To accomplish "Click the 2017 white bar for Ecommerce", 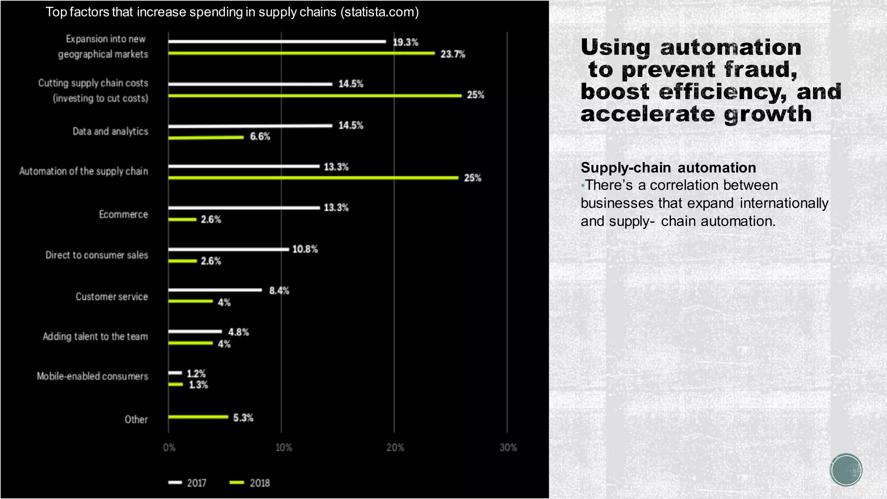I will [x=244, y=208].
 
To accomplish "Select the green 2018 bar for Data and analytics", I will [x=206, y=138].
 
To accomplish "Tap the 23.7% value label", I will [x=453, y=54].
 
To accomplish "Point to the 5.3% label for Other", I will [x=243, y=418].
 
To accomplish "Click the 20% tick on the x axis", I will [x=395, y=447].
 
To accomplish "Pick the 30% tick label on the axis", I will [x=508, y=447].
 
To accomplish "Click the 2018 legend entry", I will [x=250, y=483].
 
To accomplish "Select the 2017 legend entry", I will [x=188, y=483].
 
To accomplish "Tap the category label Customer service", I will [x=112, y=297].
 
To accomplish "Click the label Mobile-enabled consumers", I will [x=92, y=376].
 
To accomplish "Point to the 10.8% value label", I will [x=305, y=249].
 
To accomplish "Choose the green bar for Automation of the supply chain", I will [x=313, y=178].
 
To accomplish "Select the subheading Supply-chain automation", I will [x=668, y=168].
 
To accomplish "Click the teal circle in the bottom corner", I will [x=846, y=470].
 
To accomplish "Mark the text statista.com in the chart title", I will [x=379, y=12].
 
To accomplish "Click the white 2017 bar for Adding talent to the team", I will [x=195, y=332].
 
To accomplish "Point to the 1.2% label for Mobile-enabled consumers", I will [x=196, y=373].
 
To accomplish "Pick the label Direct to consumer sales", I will [x=97, y=255].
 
